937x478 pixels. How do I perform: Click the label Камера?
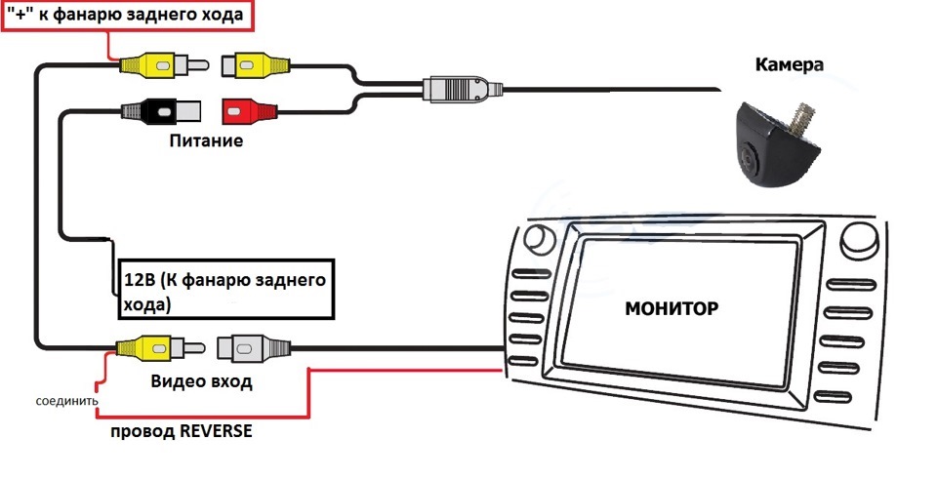[790, 66]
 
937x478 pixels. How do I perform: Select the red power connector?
[245, 110]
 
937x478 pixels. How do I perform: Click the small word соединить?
[65, 401]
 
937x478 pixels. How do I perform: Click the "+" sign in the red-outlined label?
[16, 15]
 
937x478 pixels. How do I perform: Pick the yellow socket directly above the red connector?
[256, 65]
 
